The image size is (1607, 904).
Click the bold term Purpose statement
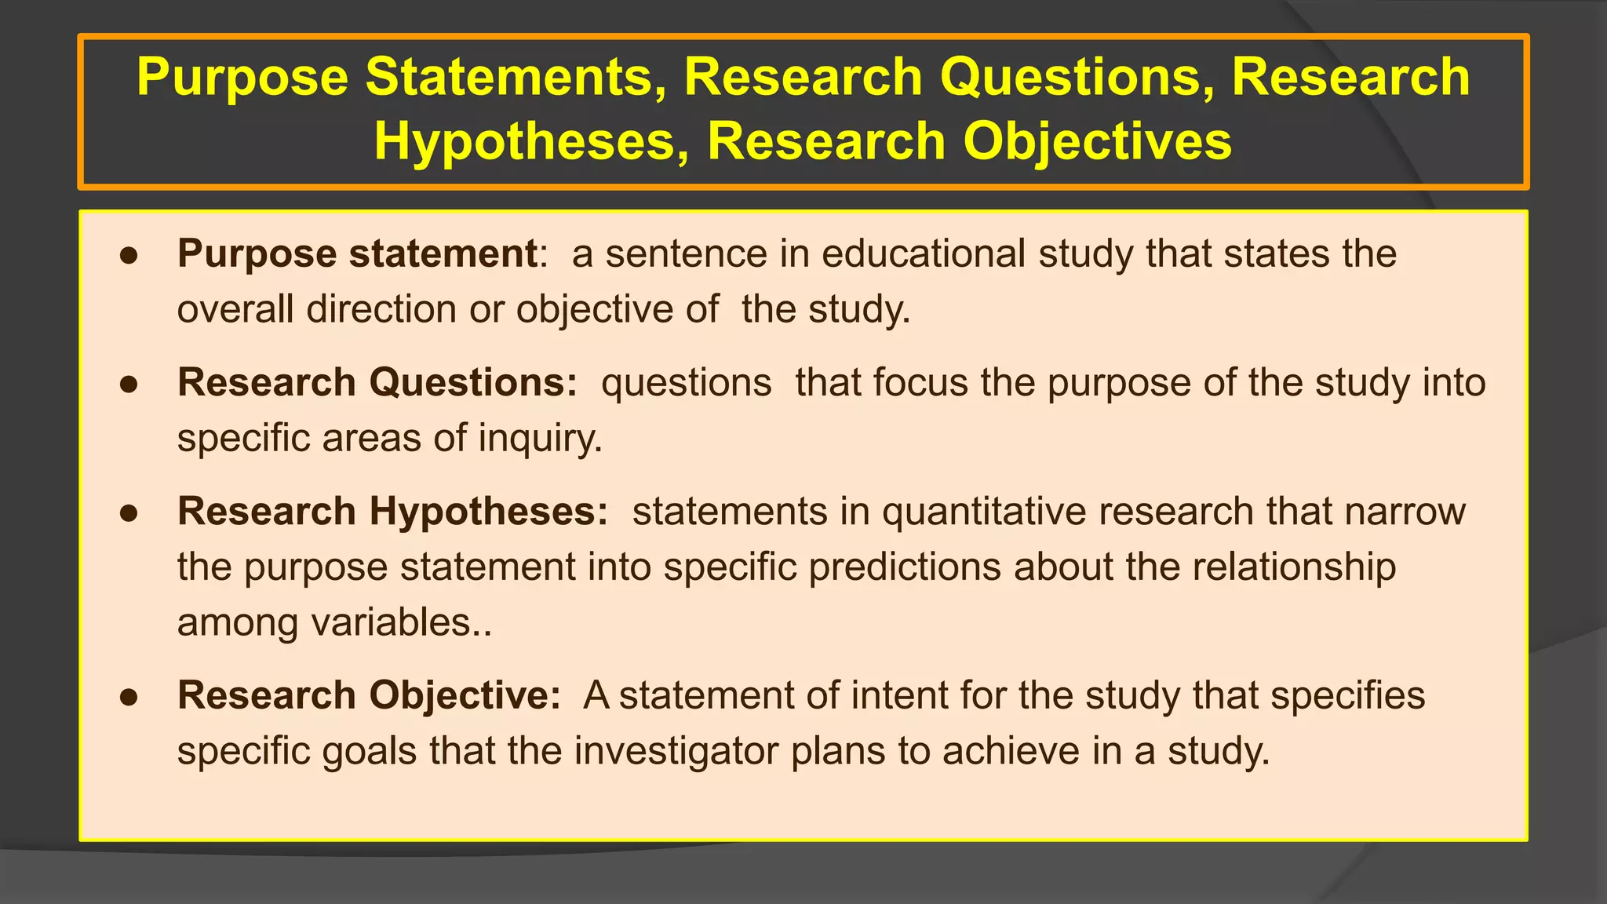point(357,254)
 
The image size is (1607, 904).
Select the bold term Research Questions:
point(377,383)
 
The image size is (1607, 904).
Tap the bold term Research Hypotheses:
point(392,512)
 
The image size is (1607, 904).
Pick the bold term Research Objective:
point(369,695)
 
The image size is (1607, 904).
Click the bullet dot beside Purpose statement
point(129,256)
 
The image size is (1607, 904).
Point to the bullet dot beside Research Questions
point(129,385)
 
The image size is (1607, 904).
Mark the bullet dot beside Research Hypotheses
point(129,513)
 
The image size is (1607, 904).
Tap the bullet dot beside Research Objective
point(129,697)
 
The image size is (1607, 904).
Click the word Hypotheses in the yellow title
point(525,142)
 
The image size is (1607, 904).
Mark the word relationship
point(1294,567)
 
